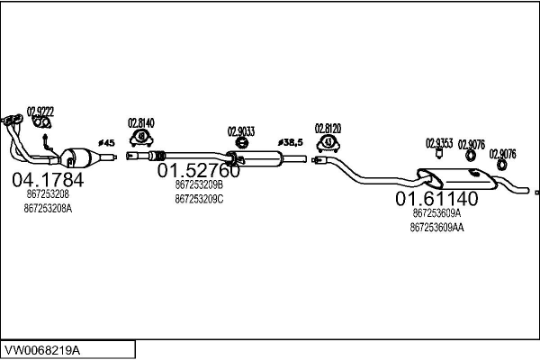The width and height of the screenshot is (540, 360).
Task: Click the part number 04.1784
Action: point(48,180)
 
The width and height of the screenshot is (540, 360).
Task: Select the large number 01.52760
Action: point(199,170)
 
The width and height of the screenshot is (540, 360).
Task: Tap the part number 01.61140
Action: point(436,199)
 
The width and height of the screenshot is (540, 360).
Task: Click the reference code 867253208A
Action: point(49,209)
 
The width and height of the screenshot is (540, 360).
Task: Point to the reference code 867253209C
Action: point(199,200)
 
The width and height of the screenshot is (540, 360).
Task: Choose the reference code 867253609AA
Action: point(436,228)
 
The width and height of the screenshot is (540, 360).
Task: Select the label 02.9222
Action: point(40,111)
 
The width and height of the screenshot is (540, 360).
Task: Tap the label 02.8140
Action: point(141,123)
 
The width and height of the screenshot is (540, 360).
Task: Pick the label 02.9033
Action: point(241,130)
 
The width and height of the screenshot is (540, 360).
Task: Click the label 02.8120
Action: point(328,129)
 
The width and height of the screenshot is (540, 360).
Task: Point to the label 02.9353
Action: point(439,143)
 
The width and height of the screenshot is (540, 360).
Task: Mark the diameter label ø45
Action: point(106,143)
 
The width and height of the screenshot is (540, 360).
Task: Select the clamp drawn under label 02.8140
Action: point(141,138)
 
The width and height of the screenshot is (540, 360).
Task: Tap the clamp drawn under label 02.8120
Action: point(329,143)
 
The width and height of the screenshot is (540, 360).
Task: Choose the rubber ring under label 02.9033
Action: point(241,143)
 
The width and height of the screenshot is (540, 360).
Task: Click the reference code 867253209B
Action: point(199,185)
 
